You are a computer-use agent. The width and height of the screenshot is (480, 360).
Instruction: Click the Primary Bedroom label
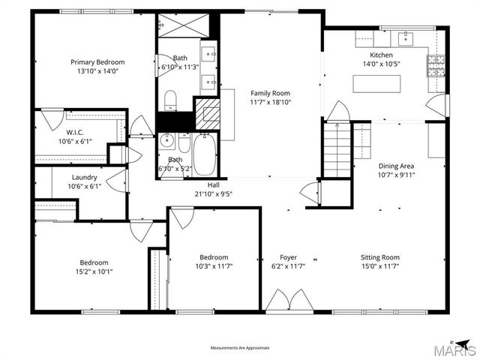(x=97, y=62)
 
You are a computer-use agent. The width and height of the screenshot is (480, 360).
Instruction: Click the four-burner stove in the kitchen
(x=436, y=66)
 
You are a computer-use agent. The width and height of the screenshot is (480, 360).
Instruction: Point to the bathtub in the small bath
(x=203, y=152)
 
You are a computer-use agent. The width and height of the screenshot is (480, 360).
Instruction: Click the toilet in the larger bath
(x=169, y=98)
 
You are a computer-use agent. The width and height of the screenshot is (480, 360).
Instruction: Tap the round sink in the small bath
(x=167, y=140)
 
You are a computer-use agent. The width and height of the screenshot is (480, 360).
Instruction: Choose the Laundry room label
(x=83, y=178)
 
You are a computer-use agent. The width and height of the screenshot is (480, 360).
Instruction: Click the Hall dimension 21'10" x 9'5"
(x=214, y=193)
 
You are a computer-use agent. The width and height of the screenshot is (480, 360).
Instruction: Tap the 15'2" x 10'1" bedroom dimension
(x=94, y=271)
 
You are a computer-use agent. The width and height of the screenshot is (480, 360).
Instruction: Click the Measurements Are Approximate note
(x=240, y=348)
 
